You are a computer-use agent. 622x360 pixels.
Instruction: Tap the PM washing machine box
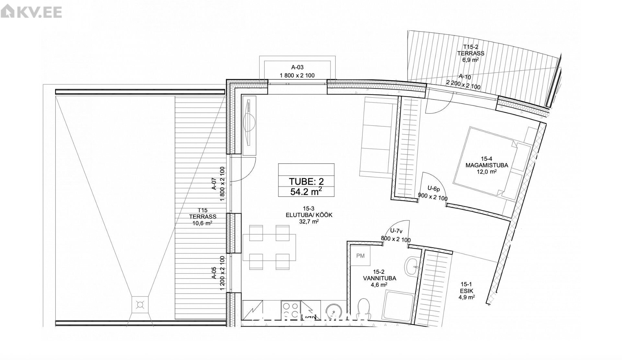coord(360,256)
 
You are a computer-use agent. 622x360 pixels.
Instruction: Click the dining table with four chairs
coord(269,247)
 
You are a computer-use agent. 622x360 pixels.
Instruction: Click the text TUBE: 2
coord(306,181)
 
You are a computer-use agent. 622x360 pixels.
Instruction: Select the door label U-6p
coord(433,188)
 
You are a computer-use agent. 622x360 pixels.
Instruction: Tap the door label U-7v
coord(396,231)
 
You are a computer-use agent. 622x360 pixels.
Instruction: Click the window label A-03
coord(297,67)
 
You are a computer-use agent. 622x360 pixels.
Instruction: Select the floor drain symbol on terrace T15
coord(140,305)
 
